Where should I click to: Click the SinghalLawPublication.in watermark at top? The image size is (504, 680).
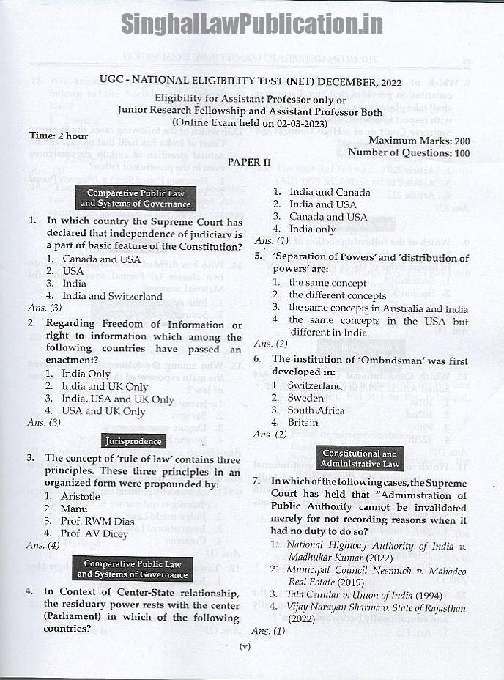251,23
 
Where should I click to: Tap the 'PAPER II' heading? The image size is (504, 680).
250,161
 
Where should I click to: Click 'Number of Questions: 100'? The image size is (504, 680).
409,152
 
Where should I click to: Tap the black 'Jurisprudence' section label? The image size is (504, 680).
133,441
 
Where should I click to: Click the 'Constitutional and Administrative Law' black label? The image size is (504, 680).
359,459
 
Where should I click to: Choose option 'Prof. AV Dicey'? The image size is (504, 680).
94,533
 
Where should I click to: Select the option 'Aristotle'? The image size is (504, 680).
81,496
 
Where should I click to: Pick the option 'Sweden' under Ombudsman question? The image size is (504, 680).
306,398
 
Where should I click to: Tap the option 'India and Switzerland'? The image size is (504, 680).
112,296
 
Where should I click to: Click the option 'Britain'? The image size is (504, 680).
303,422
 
